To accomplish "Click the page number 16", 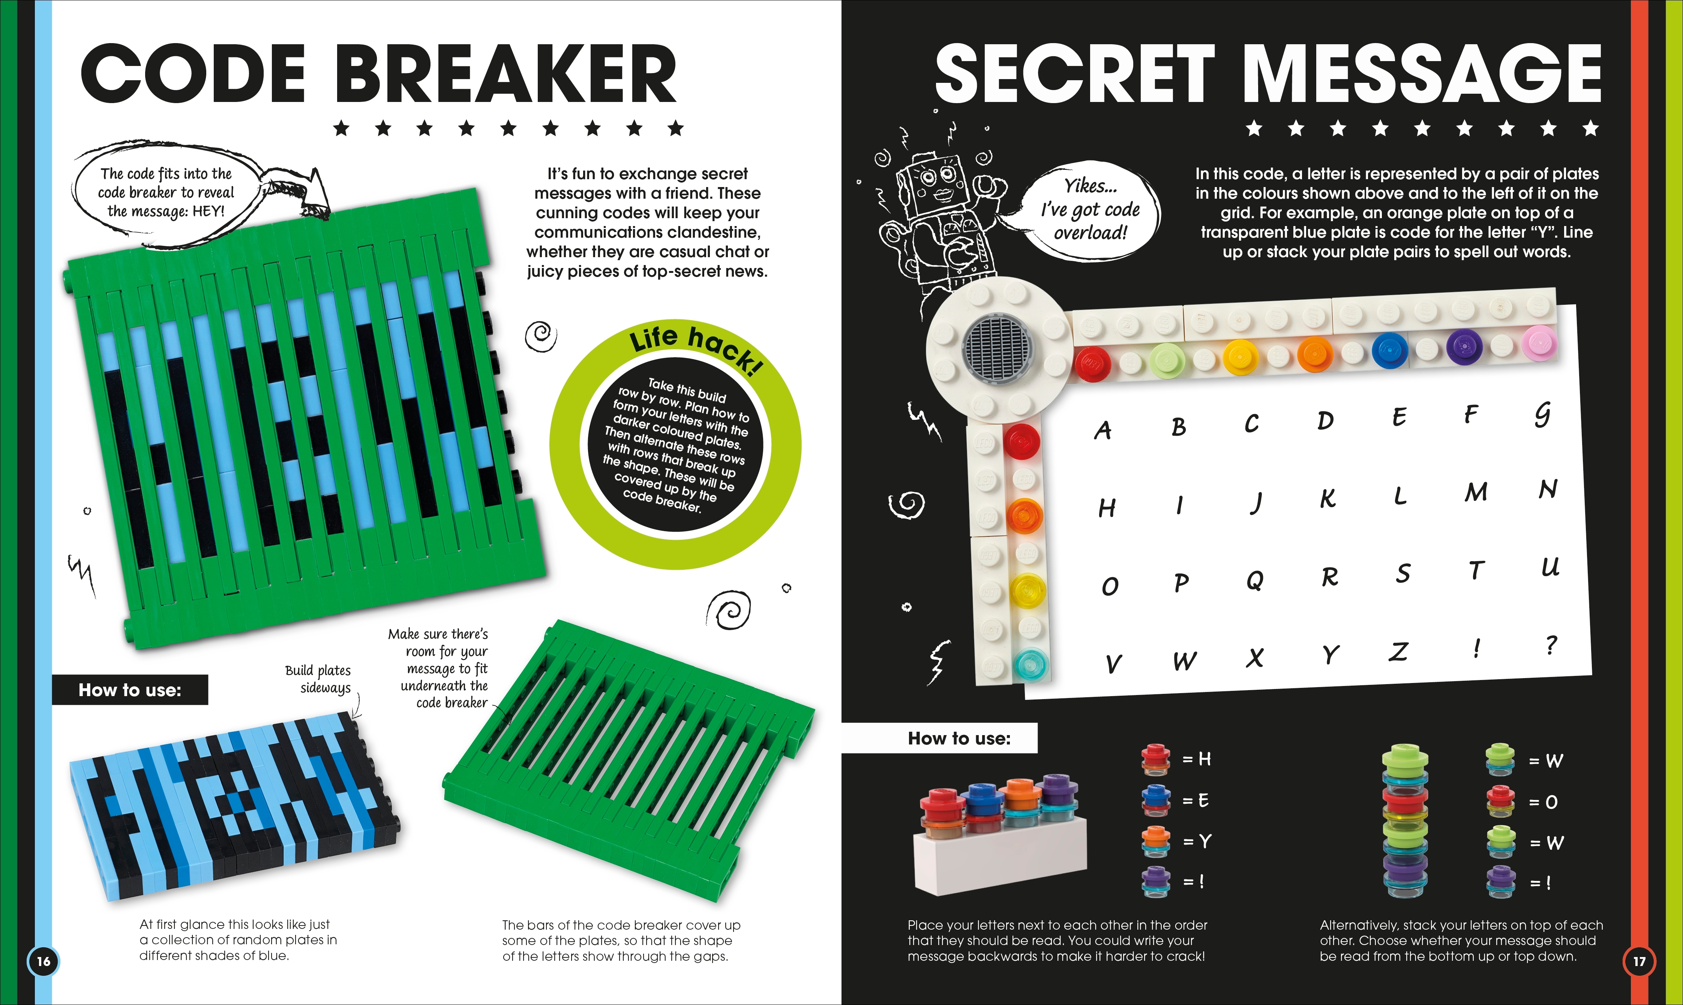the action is (43, 961).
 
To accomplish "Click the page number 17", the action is (1639, 961).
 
